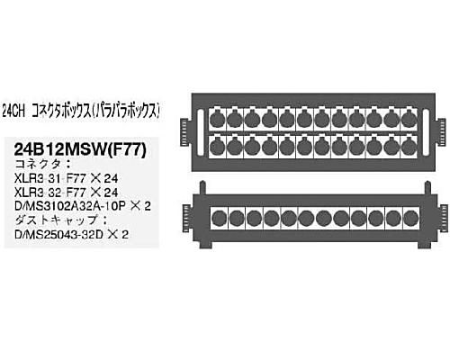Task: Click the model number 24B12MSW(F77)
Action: [80, 149]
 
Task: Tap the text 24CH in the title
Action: [13, 112]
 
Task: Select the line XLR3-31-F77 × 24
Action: [66, 179]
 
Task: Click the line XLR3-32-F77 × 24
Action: [66, 193]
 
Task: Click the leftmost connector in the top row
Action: [217, 120]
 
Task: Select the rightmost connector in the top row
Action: [409, 120]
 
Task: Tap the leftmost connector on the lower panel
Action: [220, 218]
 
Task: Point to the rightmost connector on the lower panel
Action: [411, 218]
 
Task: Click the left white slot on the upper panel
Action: [201, 132]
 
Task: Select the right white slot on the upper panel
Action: [426, 132]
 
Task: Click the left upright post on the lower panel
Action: [202, 187]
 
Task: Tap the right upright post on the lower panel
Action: [427, 187]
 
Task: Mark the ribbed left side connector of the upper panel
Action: [185, 132]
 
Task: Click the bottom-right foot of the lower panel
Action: [425, 245]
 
